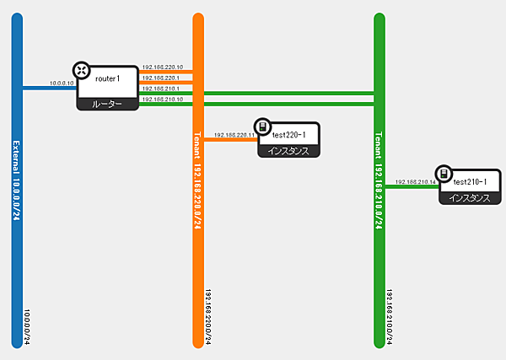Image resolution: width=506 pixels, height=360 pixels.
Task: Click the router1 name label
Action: (x=108, y=78)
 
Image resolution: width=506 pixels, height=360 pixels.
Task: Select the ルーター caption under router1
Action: (x=107, y=104)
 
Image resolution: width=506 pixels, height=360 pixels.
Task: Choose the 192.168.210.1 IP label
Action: (x=168, y=89)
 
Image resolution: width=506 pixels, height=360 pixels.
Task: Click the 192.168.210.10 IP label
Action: (x=168, y=99)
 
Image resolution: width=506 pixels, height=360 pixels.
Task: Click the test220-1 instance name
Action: (x=294, y=135)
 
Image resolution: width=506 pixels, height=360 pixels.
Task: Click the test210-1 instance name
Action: (x=471, y=182)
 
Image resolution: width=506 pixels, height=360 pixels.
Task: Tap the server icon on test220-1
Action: (x=263, y=126)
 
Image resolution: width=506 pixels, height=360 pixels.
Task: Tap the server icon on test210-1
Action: (x=444, y=174)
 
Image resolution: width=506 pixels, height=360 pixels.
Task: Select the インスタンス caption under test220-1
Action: (x=289, y=152)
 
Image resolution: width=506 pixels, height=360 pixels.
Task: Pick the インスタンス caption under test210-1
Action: (x=471, y=199)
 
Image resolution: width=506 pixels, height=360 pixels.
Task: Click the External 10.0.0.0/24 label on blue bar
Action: (x=17, y=182)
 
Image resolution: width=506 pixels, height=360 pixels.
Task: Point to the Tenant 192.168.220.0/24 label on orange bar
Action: (x=198, y=182)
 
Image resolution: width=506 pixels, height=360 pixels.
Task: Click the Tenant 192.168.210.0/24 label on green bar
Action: (x=379, y=182)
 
